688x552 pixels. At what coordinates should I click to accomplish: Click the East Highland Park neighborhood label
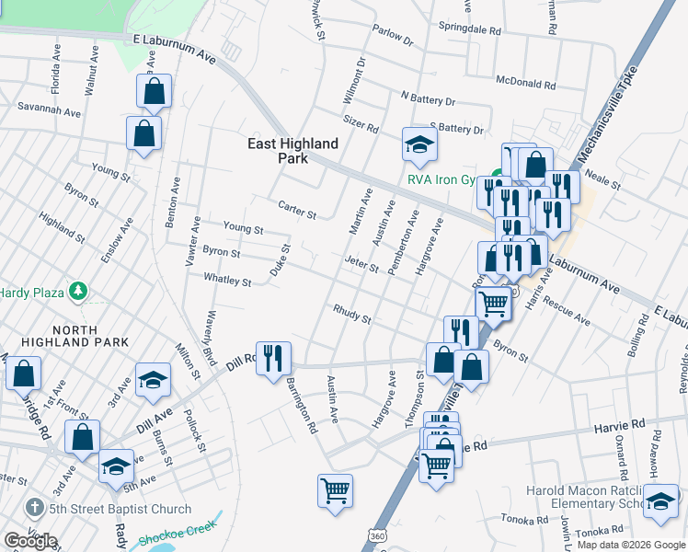pyautogui.click(x=293, y=151)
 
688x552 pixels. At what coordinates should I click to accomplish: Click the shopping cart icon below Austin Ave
pyautogui.click(x=335, y=489)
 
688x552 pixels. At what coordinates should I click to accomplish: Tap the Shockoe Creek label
pyautogui.click(x=177, y=534)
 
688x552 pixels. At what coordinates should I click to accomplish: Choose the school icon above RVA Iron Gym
pyautogui.click(x=419, y=144)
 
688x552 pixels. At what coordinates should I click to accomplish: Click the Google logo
pyautogui.click(x=30, y=540)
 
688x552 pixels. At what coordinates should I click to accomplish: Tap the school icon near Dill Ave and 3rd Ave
pyautogui.click(x=153, y=379)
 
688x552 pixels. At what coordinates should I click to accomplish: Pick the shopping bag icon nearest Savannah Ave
pyautogui.click(x=144, y=133)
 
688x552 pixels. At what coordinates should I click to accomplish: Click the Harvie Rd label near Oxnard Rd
pyautogui.click(x=625, y=425)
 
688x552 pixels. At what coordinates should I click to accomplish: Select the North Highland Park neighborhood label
pyautogui.click(x=77, y=342)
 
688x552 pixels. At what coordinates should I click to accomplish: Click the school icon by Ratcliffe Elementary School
pyautogui.click(x=660, y=501)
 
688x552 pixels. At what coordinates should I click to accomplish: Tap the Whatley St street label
pyautogui.click(x=227, y=280)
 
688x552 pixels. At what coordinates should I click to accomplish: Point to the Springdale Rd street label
pyautogui.click(x=469, y=29)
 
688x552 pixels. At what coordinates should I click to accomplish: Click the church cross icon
pyautogui.click(x=33, y=509)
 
